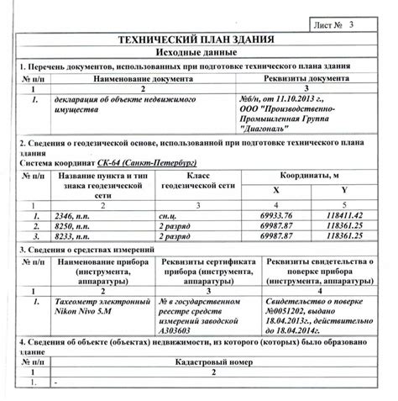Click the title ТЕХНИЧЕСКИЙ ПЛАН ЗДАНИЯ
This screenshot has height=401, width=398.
199,40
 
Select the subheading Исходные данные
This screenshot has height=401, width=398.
199,52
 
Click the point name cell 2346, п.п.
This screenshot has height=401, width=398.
75,215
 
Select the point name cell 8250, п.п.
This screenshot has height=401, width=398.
75,225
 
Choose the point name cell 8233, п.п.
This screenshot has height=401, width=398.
75,236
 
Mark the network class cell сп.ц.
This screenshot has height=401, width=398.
169,215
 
